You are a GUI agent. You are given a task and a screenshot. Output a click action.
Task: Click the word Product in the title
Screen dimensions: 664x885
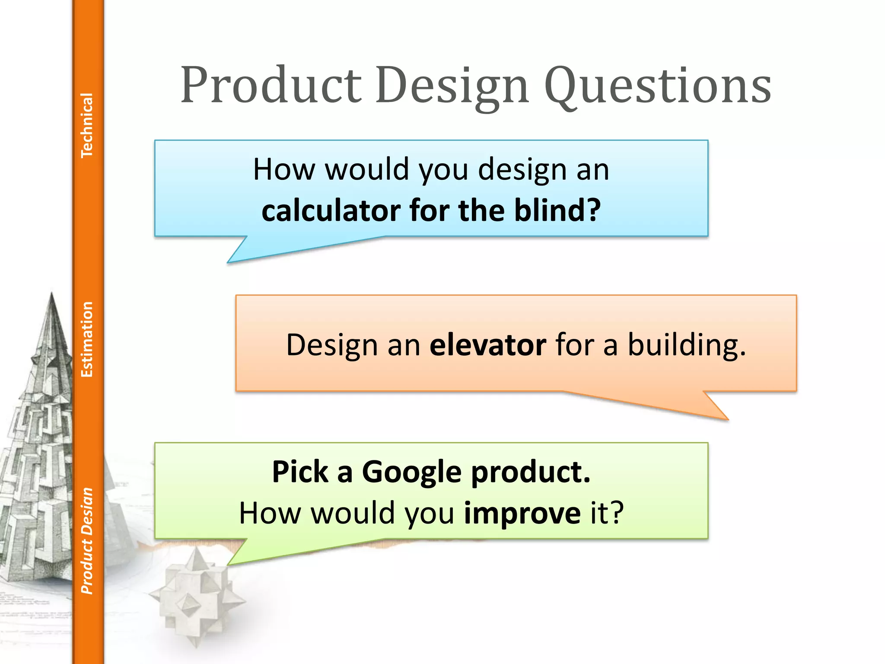click(x=271, y=85)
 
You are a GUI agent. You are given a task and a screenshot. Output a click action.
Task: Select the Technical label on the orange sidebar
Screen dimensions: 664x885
click(x=87, y=125)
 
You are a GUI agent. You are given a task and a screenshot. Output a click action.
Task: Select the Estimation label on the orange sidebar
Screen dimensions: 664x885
click(x=87, y=339)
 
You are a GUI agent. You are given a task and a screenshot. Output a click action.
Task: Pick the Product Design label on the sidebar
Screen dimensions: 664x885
click(x=87, y=540)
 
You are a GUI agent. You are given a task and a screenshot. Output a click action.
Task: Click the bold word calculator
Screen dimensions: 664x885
click(x=331, y=211)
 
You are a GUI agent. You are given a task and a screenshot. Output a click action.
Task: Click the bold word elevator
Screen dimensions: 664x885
click(x=488, y=345)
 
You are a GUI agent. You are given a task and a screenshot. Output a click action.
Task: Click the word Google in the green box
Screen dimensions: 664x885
click(x=411, y=472)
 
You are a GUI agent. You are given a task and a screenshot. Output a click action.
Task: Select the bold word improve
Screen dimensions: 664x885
click(x=522, y=513)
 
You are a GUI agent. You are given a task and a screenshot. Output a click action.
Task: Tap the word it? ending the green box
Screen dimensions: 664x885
click(x=607, y=513)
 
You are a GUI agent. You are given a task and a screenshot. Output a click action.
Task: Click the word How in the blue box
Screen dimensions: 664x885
click(x=284, y=169)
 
